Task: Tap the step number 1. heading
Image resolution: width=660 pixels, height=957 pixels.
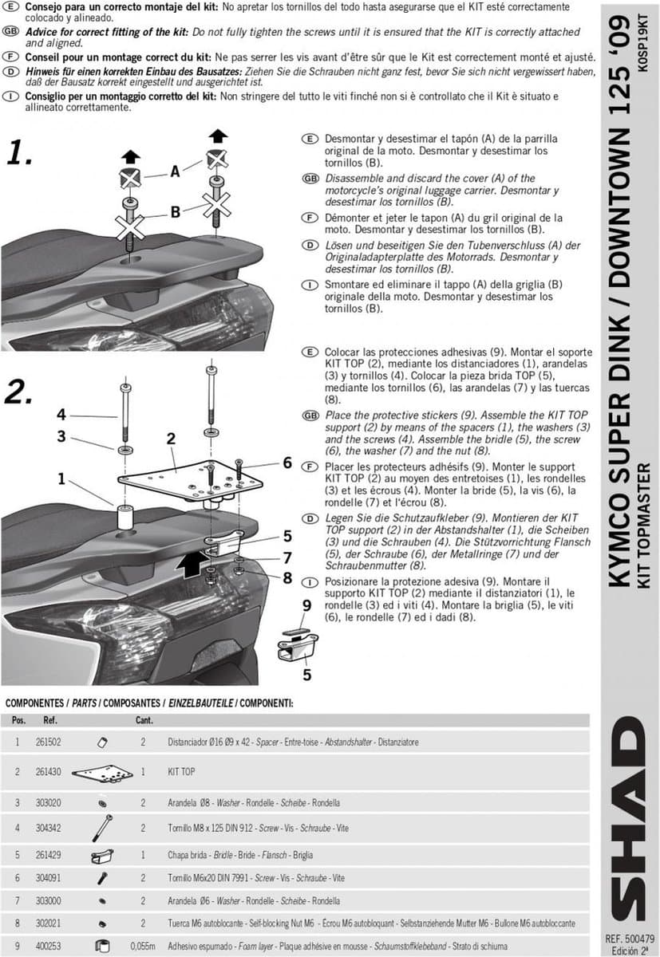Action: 19,152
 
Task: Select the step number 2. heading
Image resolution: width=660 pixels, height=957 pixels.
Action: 18,392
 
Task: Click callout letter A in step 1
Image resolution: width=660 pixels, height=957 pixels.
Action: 176,171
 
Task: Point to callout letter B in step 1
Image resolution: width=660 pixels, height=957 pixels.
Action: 176,212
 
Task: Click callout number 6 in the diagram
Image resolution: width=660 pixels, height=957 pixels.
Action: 287,463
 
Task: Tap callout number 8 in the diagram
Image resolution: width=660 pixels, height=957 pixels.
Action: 287,578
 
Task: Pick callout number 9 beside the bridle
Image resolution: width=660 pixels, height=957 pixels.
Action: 307,605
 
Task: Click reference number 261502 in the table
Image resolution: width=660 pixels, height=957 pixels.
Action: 49,742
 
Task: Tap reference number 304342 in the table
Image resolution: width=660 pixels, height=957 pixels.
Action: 49,828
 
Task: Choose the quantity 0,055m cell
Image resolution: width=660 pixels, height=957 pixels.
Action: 143,946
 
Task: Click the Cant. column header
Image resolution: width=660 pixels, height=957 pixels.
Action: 144,720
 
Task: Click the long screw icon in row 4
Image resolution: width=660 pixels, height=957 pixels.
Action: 102,828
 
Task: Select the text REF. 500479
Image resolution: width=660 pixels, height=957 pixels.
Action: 630,939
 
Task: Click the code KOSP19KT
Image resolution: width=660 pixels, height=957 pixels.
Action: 642,43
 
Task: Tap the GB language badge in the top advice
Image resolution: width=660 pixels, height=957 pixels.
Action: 10,32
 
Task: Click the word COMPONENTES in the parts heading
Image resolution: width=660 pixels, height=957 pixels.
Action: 34,703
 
